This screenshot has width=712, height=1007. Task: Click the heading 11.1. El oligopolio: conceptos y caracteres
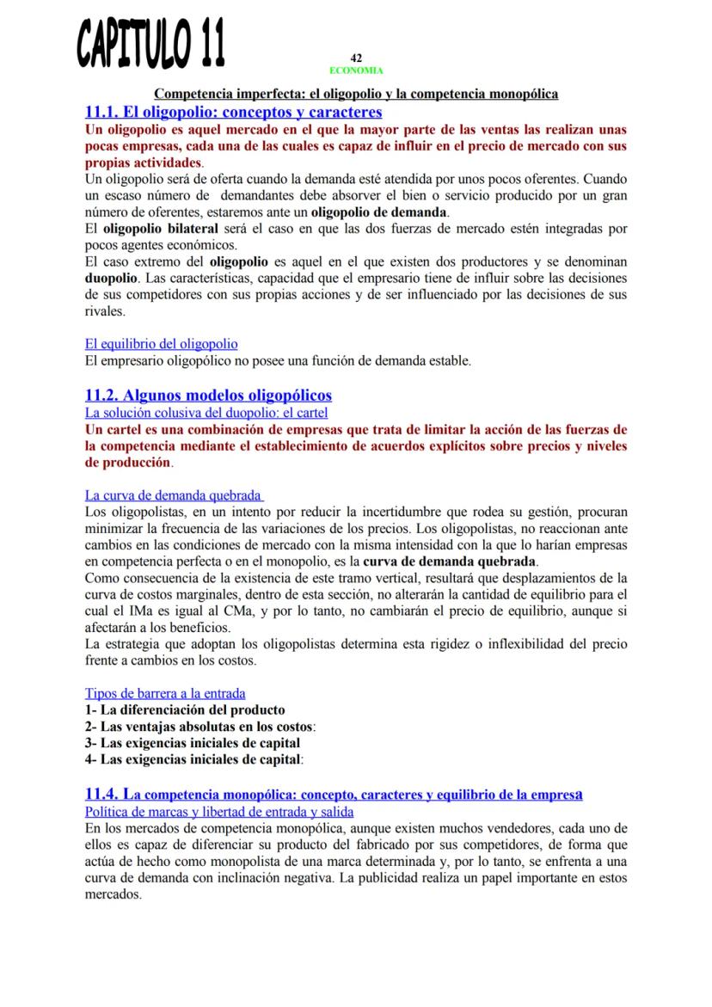coord(233,112)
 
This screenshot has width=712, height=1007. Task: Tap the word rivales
coord(104,311)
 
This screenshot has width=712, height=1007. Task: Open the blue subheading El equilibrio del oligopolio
coord(162,345)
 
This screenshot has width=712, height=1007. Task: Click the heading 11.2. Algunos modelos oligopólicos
coord(208,395)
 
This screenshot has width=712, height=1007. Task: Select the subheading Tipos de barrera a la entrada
coord(165,693)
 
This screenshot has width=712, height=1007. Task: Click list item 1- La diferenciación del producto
coord(185,709)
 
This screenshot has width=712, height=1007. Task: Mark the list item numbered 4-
coord(193,759)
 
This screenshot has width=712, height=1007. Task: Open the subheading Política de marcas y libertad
coord(218,811)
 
